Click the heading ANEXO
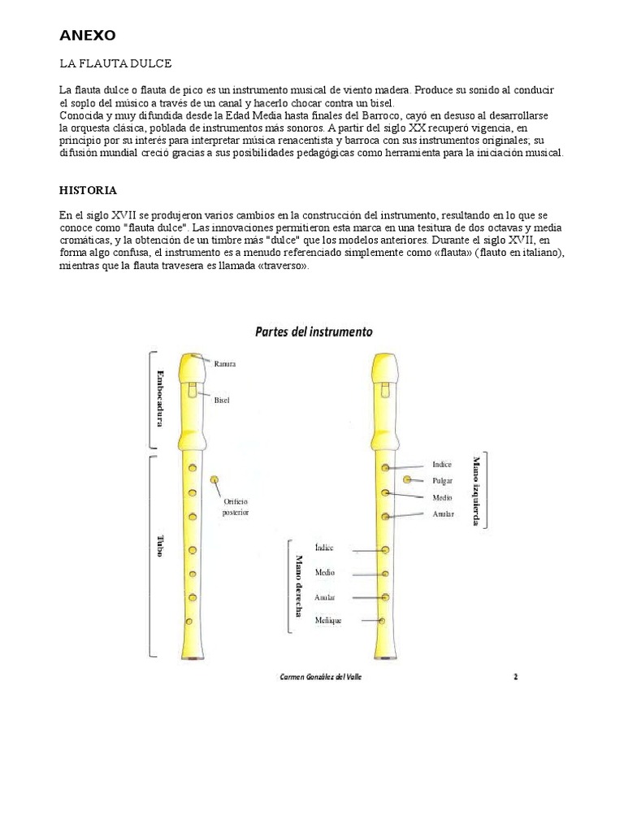coord(88,35)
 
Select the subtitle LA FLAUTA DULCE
coord(115,63)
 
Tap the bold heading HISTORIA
coord(88,190)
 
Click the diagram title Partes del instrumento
coord(314,331)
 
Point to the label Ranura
coord(225,364)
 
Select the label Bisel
coord(222,400)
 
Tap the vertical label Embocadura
coord(160,400)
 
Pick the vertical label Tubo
coord(160,544)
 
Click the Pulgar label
coord(442,481)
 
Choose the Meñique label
coord(328,621)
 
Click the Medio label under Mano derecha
coord(325,573)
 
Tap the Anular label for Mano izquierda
coord(443,513)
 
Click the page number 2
coord(515,676)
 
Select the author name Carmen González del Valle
coord(320,676)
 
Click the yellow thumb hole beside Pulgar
coord(407,480)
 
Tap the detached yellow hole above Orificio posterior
coord(214,480)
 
